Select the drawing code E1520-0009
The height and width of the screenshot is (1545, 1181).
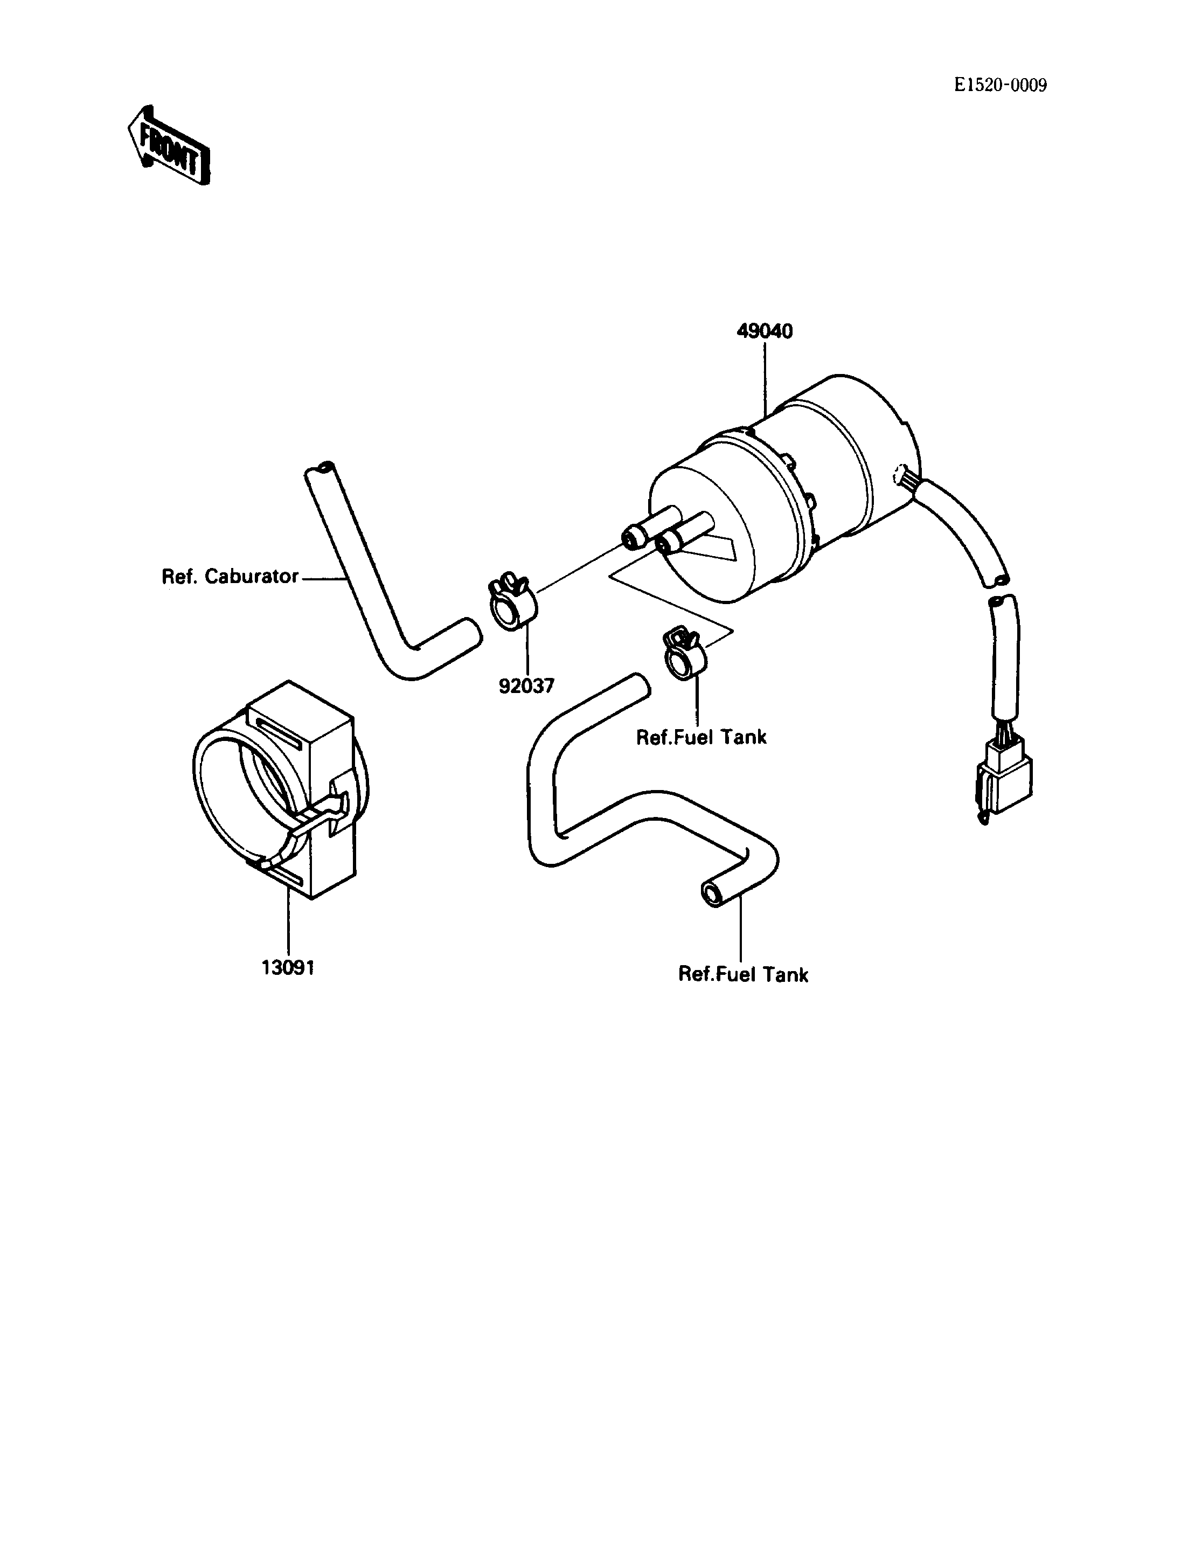(1001, 85)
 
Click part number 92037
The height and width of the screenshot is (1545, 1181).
(526, 685)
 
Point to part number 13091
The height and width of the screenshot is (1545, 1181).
(288, 968)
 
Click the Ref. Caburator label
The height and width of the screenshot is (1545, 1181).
(231, 577)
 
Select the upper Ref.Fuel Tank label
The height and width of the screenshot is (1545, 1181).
(701, 737)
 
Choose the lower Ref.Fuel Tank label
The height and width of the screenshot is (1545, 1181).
(743, 975)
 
